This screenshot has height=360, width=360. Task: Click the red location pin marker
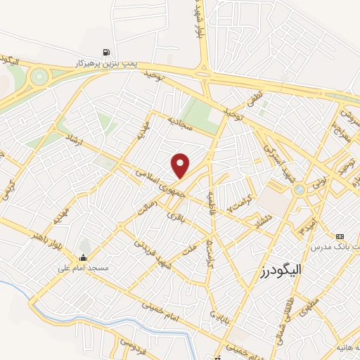click(181, 165)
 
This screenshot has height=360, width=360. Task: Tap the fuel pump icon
click(105, 52)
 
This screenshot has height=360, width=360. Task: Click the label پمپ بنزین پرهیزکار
click(105, 63)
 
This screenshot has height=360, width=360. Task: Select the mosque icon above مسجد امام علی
click(84, 257)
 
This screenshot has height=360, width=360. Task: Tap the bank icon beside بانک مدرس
click(341, 236)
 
